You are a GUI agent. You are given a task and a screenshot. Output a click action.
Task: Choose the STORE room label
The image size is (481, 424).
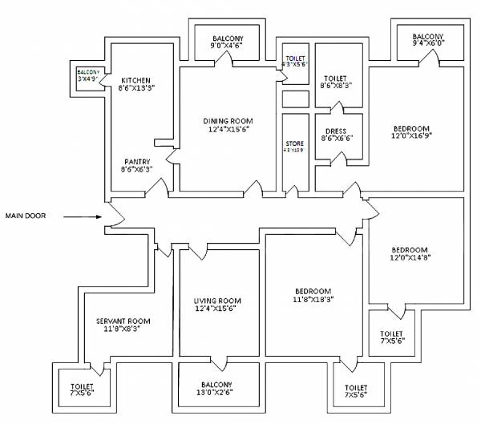point(295,143)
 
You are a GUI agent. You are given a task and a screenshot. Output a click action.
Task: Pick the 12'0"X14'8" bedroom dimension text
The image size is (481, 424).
point(410,257)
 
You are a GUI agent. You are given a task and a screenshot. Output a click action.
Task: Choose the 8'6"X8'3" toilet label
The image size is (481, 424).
point(335,85)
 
